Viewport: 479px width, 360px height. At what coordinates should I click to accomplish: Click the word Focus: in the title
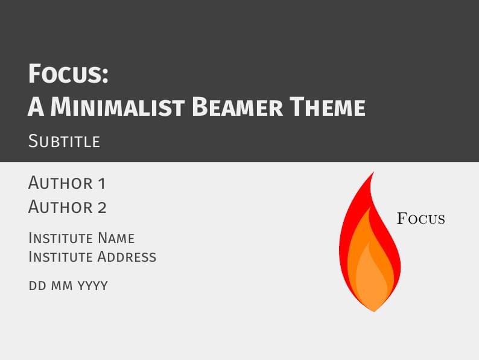(68, 75)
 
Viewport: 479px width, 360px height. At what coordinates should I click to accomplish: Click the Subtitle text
(64, 142)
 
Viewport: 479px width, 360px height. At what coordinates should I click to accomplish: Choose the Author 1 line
(66, 183)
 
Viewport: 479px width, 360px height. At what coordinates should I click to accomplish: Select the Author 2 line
(68, 207)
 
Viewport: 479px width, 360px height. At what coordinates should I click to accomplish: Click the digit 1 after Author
(101, 183)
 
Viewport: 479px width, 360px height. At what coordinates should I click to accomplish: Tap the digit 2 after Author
(102, 207)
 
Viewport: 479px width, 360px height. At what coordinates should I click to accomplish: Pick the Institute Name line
(81, 238)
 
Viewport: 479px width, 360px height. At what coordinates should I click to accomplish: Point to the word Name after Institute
(116, 238)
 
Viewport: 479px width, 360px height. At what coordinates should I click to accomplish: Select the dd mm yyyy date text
(68, 285)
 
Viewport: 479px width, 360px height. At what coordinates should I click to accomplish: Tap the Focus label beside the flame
(421, 218)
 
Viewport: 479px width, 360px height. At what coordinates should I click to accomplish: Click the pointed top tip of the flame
(373, 173)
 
